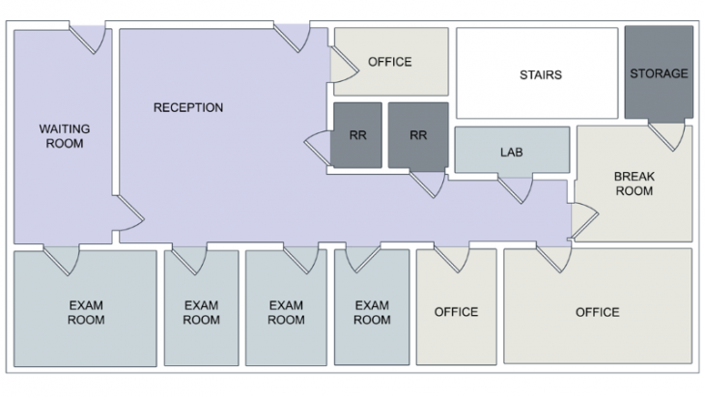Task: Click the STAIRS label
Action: coord(540,74)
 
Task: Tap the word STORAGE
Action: coord(659,73)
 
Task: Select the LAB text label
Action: coord(511,152)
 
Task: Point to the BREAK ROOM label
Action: coord(634,184)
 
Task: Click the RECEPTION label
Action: coord(188,107)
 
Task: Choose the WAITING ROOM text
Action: coord(62,136)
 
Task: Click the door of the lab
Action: coord(516,187)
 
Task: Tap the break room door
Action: coord(582,221)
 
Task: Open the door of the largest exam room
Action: coord(63,259)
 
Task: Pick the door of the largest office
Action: coord(553,258)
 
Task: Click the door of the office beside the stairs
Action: coord(343,65)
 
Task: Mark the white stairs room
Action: coord(537,97)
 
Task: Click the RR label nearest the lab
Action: coord(418,135)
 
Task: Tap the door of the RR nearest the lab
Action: coord(427,183)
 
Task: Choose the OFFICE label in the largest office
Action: coord(597,312)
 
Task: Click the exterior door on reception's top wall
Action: coord(291,38)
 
